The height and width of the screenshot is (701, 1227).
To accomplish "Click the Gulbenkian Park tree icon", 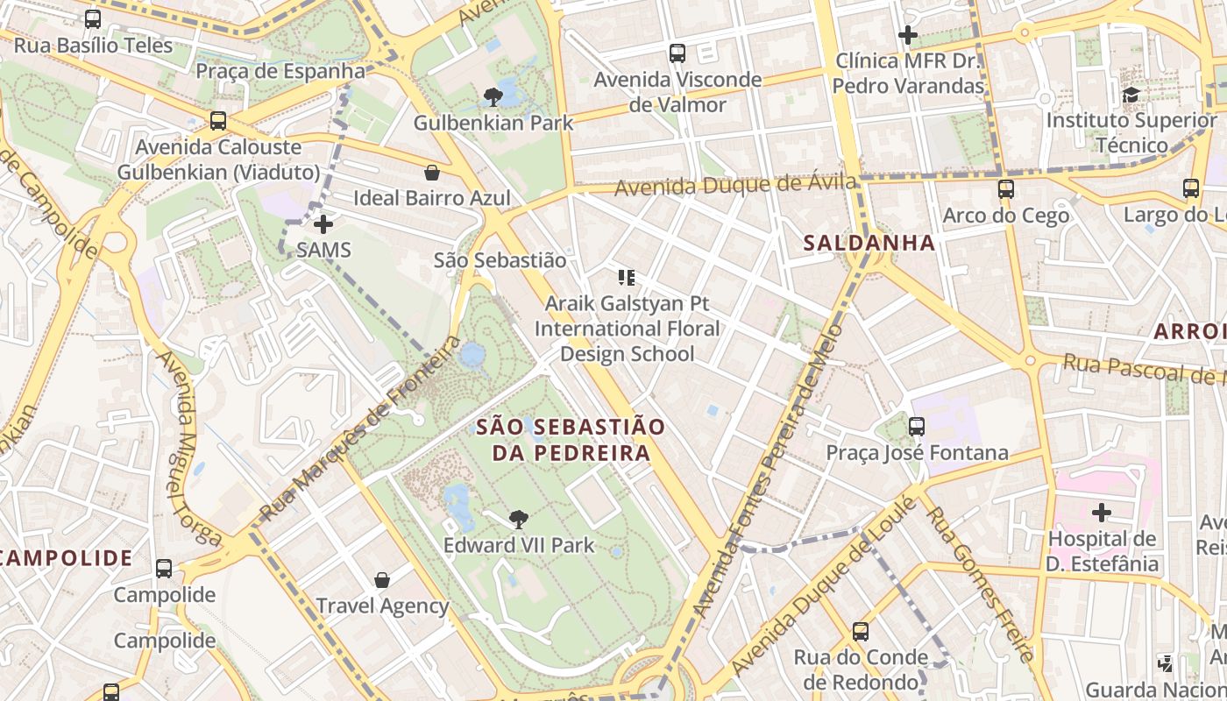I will [x=493, y=96].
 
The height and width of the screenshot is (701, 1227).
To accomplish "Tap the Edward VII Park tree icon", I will [x=518, y=519].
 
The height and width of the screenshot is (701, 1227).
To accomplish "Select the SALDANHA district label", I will [x=869, y=244].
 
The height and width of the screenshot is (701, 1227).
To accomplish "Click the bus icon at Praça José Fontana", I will [x=917, y=427].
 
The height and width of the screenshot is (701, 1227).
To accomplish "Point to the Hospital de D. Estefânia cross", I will [x=1102, y=512].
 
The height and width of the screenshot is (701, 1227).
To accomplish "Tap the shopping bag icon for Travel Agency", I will [x=382, y=579].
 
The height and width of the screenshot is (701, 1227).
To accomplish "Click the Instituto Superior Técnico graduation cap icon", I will [x=1131, y=94].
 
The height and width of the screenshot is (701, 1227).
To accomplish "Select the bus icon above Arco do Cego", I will [x=1006, y=188].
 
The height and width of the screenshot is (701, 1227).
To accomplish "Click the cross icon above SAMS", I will [x=323, y=223].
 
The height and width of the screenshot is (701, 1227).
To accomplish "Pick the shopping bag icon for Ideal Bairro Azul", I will [x=431, y=172].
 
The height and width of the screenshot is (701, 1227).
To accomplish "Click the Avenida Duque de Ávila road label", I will [x=734, y=186].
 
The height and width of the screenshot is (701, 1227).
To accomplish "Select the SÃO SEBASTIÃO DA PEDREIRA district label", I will [x=571, y=440].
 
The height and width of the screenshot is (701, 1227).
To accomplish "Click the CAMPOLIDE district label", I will [x=67, y=558].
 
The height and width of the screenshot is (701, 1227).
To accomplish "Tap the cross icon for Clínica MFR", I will [x=908, y=35].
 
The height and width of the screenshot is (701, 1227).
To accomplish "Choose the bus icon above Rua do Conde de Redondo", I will [x=861, y=631].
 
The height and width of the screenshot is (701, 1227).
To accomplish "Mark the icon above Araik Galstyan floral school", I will [x=627, y=278].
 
